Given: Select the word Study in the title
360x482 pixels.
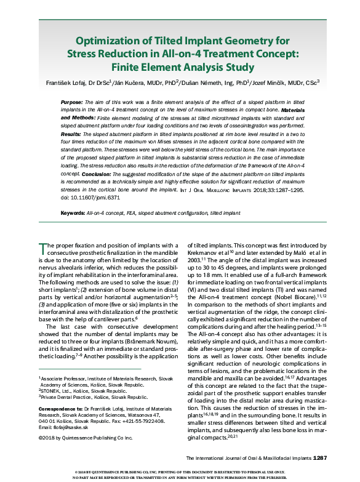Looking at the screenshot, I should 236,66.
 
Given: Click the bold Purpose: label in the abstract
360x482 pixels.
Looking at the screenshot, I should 73,101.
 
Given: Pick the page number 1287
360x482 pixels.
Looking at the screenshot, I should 324,459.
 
